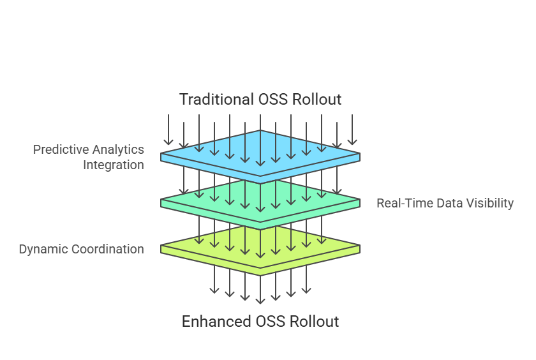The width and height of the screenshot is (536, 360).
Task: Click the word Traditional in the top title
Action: coord(216,100)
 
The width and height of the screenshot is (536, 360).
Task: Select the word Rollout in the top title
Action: coord(317,100)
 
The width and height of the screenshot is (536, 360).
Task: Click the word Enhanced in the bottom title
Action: coord(216,321)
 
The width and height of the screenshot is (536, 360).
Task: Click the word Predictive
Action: coord(61,149)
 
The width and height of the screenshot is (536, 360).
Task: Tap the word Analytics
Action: coord(118,150)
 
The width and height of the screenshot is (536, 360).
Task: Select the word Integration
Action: coord(114,165)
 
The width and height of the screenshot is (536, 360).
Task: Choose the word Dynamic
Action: coord(43,249)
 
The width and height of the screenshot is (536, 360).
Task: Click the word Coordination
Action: coord(108,249)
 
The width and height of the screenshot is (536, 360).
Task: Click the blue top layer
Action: coord(260,156)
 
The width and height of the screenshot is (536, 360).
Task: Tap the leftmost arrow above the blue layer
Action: coord(168,130)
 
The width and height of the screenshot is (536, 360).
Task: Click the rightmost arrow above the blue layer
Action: coord(352,130)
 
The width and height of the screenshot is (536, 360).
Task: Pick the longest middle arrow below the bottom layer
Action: coord(260,290)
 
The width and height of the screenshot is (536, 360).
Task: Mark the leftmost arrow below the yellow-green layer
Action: coord(214,280)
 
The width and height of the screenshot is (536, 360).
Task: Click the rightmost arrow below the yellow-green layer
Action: coord(306,280)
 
